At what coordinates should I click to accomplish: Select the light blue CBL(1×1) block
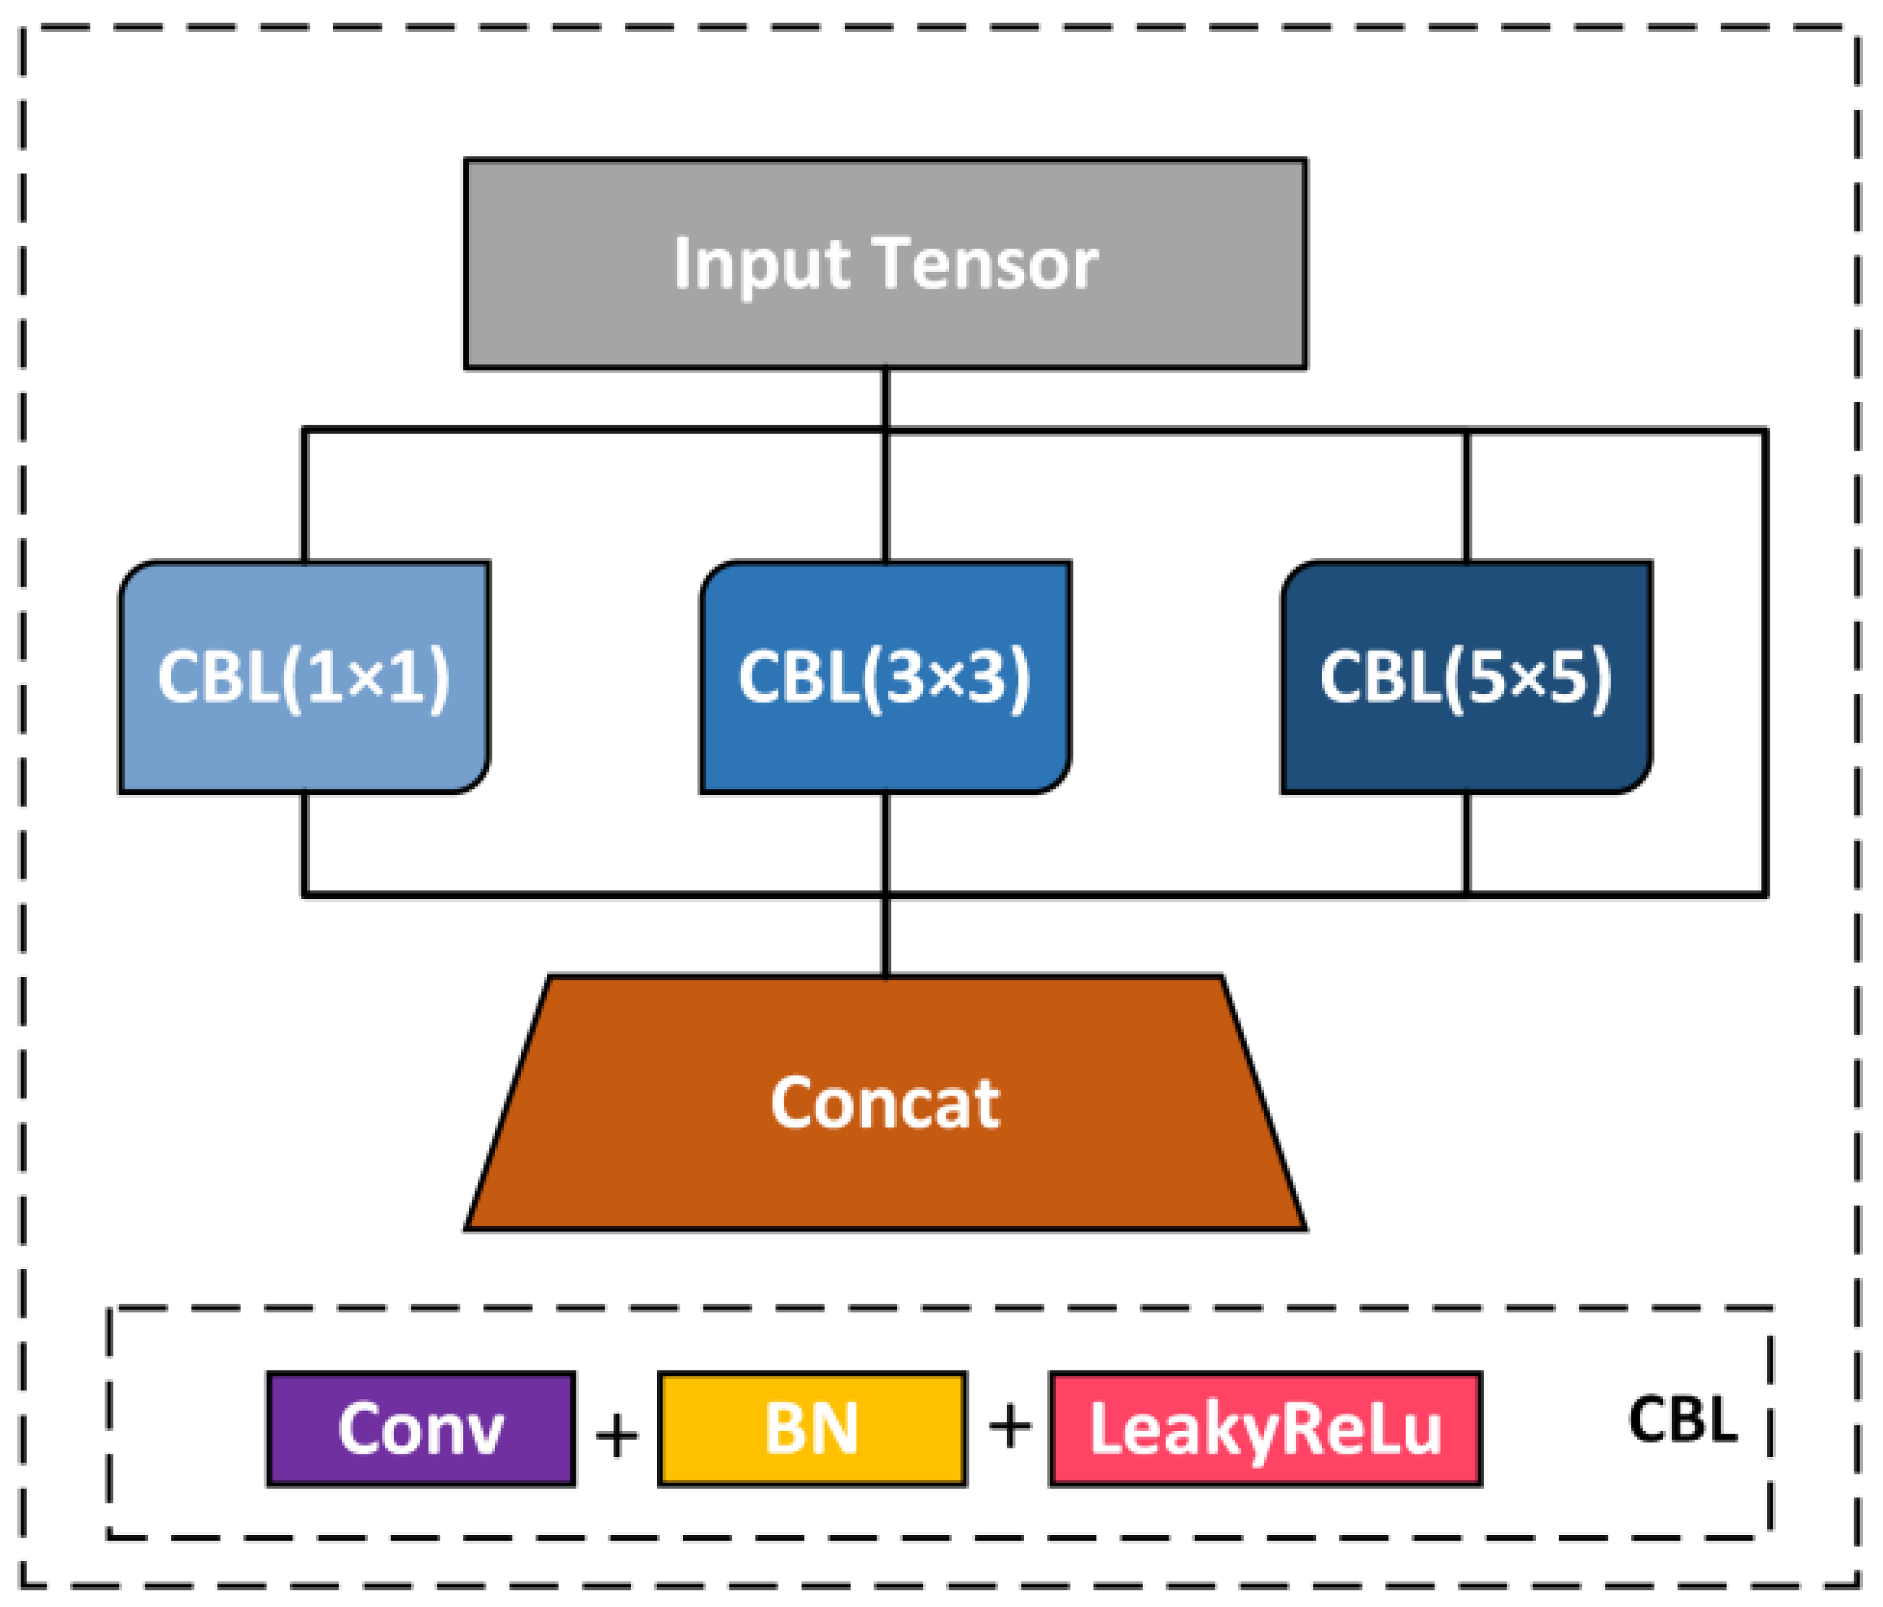(304, 677)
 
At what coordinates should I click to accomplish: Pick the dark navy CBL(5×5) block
(1466, 677)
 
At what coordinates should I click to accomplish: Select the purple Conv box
(420, 1429)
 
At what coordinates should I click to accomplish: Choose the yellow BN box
(812, 1429)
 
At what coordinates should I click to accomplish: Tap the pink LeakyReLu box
(1265, 1429)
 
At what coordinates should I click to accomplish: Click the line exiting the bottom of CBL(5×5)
(1466, 844)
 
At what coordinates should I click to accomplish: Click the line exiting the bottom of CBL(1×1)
(305, 844)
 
